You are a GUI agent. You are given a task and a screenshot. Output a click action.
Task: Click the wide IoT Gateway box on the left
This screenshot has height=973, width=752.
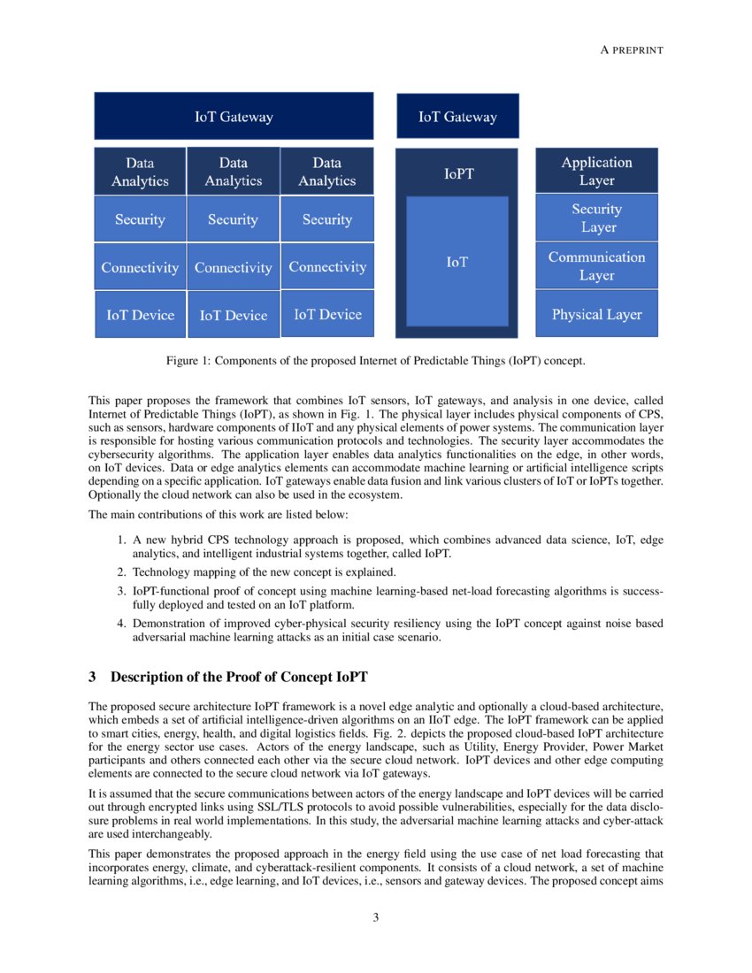(234, 117)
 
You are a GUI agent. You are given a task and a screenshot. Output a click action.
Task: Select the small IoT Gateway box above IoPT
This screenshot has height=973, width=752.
(457, 117)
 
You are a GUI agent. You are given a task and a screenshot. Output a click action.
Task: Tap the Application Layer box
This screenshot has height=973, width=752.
(596, 171)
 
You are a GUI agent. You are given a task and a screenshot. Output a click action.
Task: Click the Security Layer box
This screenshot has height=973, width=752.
(596, 218)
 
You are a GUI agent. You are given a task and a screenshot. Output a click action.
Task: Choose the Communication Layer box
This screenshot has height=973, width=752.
(596, 265)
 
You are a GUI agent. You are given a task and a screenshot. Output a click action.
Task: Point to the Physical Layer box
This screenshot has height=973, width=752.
(596, 314)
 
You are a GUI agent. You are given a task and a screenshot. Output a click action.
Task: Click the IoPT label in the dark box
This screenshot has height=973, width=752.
(457, 174)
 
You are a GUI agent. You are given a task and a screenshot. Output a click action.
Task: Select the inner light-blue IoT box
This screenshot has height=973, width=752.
(457, 262)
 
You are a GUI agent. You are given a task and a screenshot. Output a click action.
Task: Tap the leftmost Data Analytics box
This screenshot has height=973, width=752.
(140, 172)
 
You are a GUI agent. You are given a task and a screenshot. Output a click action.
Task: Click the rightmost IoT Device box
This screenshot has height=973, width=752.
(327, 314)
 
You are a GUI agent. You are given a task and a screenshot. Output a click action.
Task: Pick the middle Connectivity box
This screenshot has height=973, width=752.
(233, 267)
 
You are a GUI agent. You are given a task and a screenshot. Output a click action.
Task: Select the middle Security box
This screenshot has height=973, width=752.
(233, 219)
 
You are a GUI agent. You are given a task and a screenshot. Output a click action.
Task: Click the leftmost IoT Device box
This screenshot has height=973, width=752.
(140, 314)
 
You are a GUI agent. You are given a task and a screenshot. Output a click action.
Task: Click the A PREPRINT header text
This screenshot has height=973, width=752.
(632, 50)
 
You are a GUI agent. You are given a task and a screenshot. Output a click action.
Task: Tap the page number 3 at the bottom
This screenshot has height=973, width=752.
(376, 917)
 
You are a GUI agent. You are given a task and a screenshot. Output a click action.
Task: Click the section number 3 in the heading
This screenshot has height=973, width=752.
(92, 678)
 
